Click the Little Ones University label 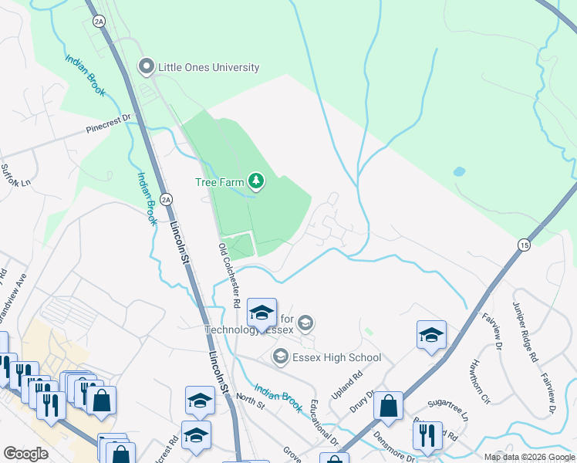coord(208,67)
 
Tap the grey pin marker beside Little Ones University coord(146,67)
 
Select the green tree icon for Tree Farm coord(256,182)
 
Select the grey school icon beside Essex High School coord(280,357)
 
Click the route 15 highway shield coord(525,245)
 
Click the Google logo coord(25,453)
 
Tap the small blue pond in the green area coord(460,171)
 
